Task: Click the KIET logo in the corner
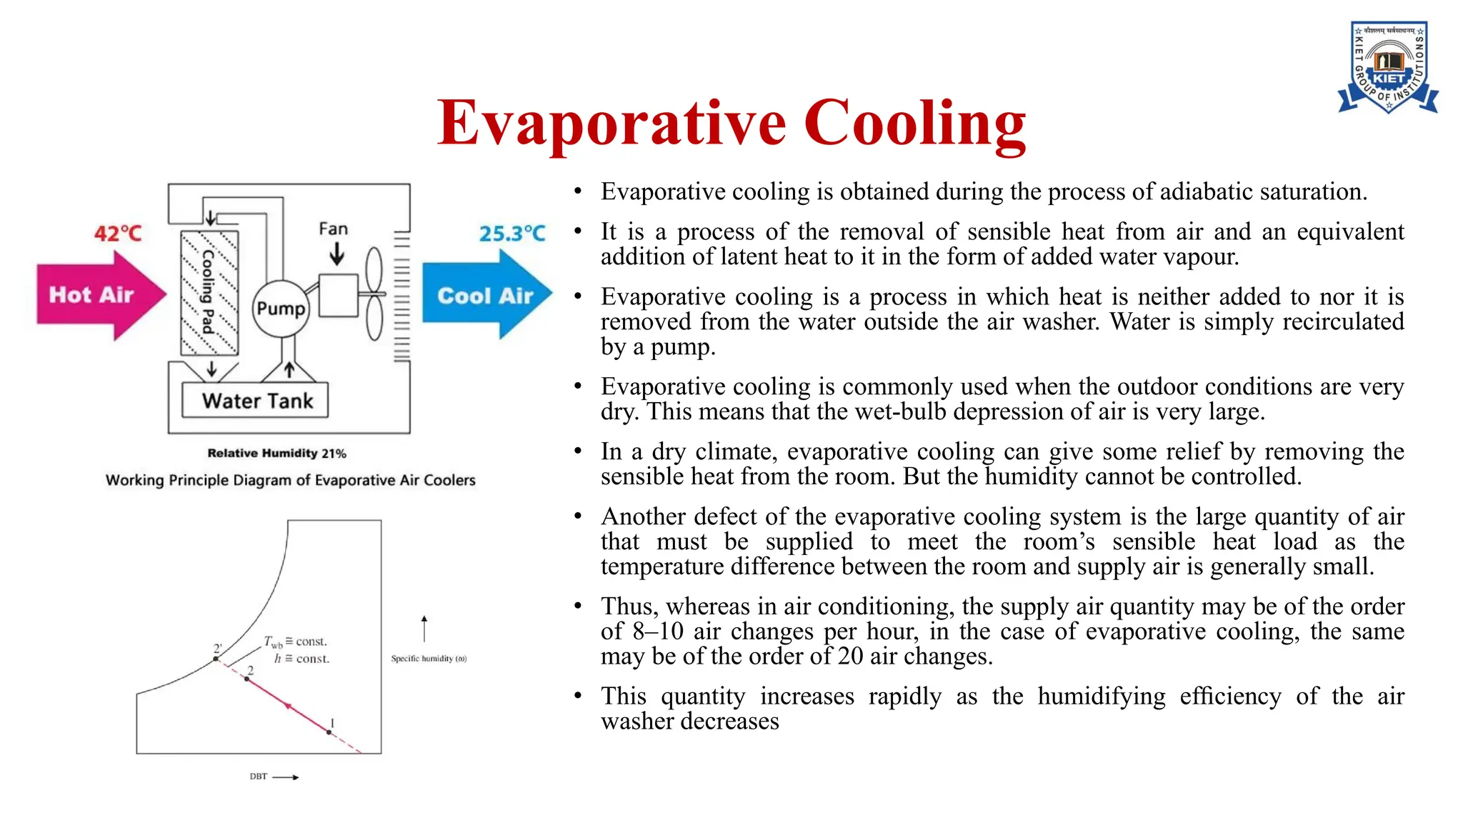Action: click(1388, 68)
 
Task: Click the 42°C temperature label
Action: click(118, 234)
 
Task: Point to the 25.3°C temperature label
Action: click(511, 234)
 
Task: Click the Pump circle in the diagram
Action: click(281, 309)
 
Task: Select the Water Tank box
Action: click(256, 401)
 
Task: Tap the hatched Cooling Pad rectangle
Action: click(209, 292)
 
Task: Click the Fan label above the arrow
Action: click(333, 229)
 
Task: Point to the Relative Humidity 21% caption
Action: click(276, 453)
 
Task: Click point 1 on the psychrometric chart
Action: click(329, 732)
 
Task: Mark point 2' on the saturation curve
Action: click(216, 658)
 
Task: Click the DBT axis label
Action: click(258, 777)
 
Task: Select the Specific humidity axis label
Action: click(429, 659)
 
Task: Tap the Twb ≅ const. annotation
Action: click(295, 642)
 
